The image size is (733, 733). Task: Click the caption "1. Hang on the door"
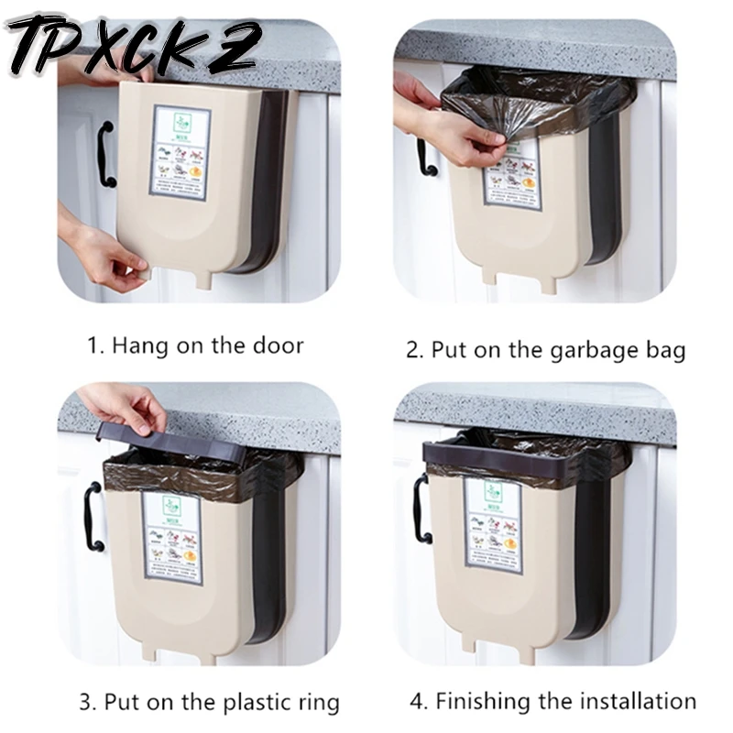195,345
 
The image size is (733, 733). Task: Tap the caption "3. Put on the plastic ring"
209,703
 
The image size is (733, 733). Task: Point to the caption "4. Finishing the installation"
552,702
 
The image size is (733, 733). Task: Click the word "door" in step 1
279,345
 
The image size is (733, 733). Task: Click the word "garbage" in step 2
575,350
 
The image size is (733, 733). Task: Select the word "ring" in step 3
316,703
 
